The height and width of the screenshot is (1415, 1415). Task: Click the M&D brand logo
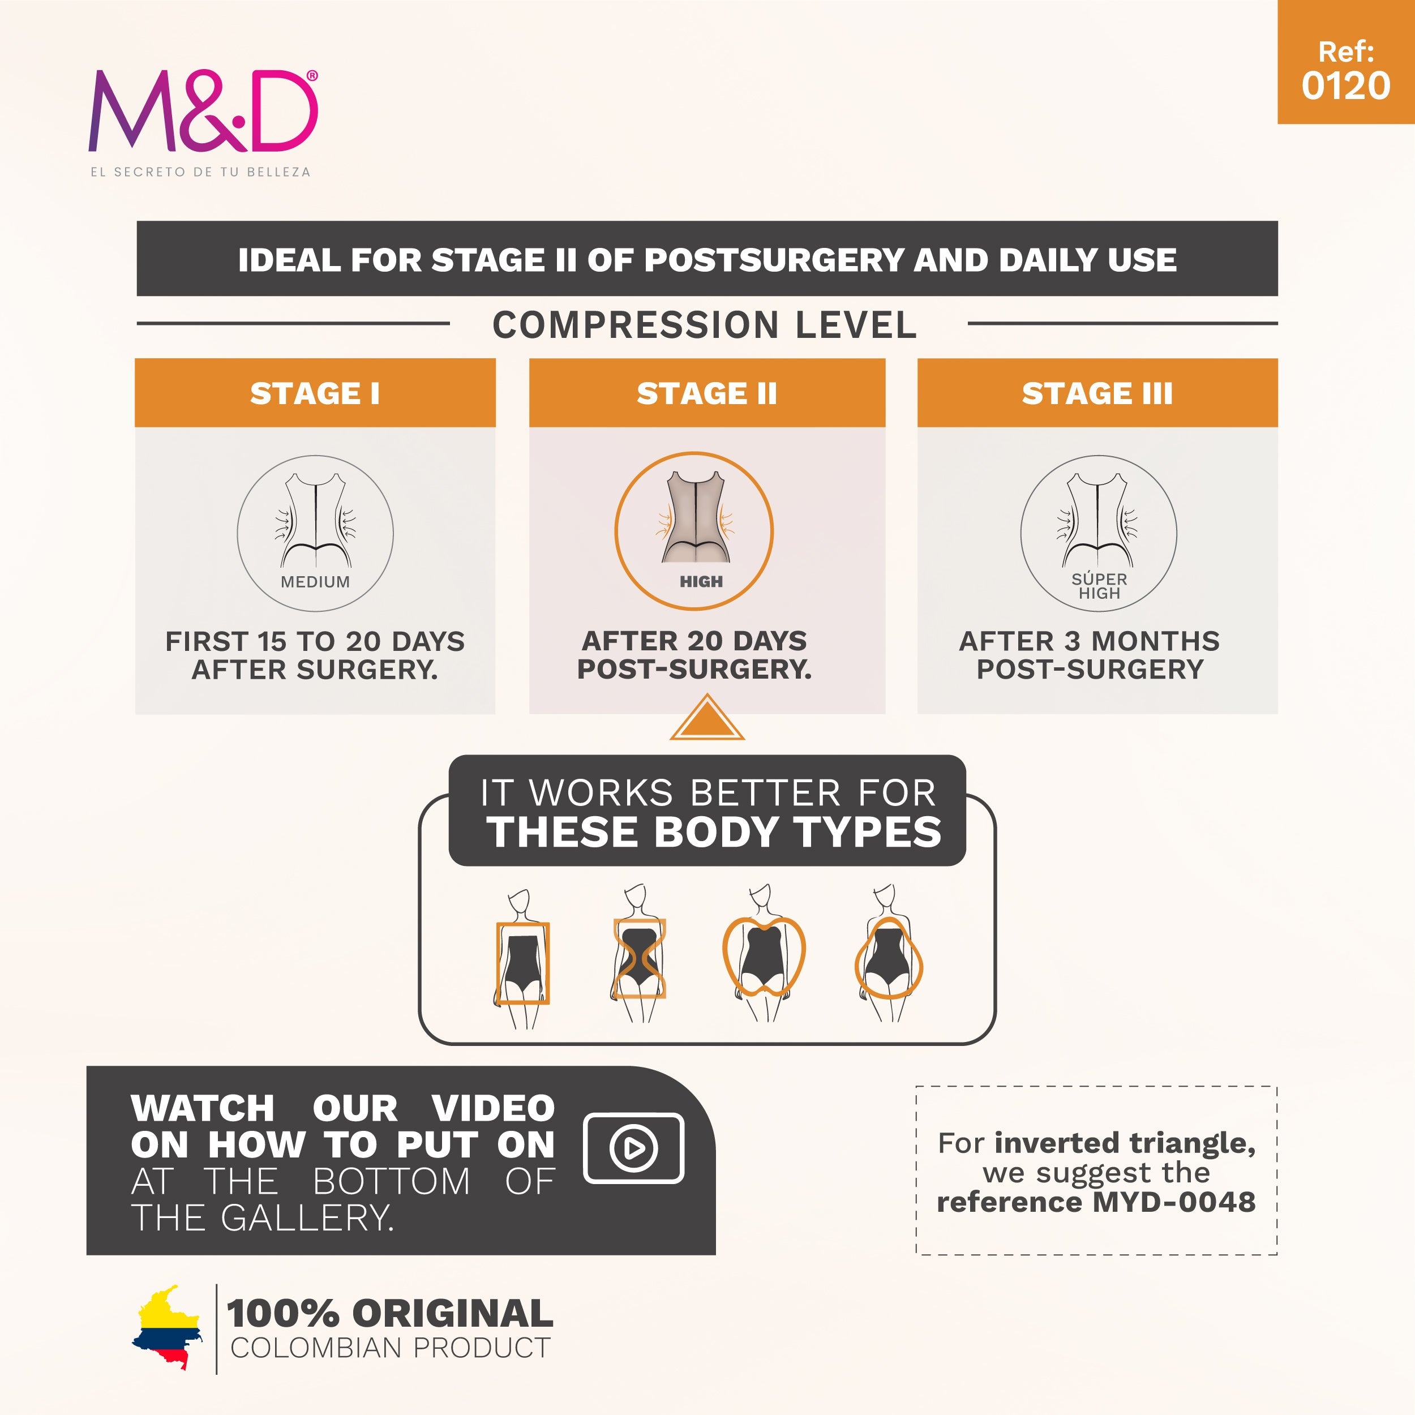point(203,112)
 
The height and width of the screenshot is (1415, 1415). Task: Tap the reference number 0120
point(1345,85)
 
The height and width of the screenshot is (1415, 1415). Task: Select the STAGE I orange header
point(315,393)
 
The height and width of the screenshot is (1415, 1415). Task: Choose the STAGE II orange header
point(707,393)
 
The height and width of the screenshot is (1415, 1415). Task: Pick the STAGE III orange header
point(1097,393)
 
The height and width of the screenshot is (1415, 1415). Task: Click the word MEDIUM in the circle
point(315,581)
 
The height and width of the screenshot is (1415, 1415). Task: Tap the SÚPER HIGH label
point(1099,586)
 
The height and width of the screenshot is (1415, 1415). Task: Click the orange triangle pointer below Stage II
point(707,719)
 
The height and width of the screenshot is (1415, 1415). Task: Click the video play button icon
point(633,1148)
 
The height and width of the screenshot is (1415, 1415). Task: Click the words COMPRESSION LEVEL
point(705,324)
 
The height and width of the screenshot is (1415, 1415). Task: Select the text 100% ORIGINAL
point(389,1313)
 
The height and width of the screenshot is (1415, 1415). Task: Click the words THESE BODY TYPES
point(714,832)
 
